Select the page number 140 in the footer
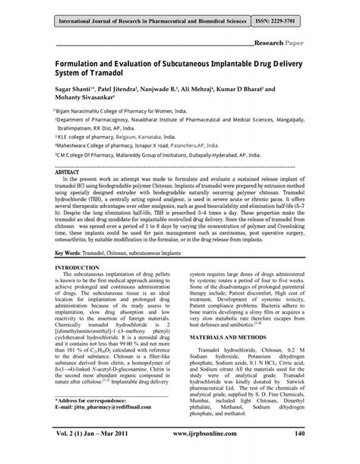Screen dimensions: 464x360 [302, 455]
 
